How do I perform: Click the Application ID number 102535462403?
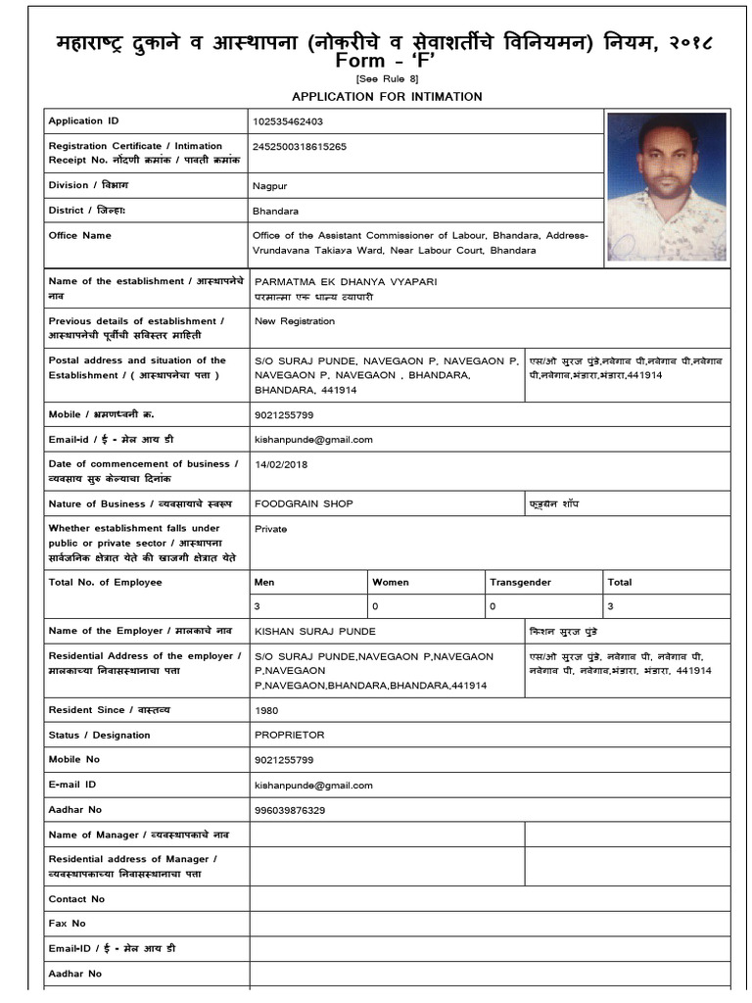click(288, 121)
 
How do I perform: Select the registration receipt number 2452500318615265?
click(300, 146)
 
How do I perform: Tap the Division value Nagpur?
click(269, 185)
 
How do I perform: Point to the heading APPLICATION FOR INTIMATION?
click(386, 96)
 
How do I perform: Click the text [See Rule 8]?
click(386, 79)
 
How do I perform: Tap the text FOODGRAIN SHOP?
click(304, 503)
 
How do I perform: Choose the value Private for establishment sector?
click(270, 528)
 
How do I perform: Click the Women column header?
click(390, 582)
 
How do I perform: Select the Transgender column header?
click(520, 582)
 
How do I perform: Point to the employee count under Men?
click(258, 607)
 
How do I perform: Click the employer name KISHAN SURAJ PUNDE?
click(314, 632)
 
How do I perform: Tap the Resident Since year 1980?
click(265, 710)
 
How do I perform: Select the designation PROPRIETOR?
click(289, 735)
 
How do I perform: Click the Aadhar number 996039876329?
click(290, 810)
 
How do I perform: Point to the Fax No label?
click(67, 923)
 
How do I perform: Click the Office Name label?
click(79, 235)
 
